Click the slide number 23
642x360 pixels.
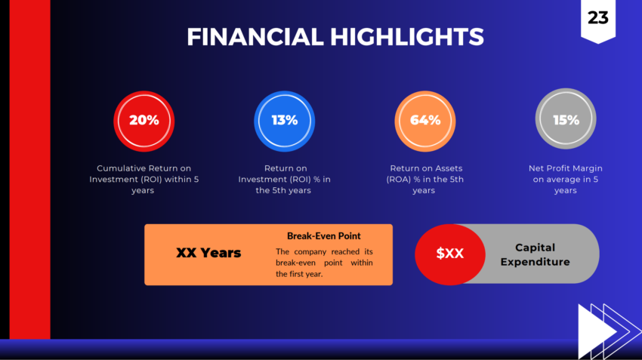click(x=597, y=17)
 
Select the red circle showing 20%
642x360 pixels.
click(x=144, y=120)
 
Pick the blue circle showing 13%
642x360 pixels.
click(x=285, y=120)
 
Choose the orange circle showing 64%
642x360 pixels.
click(x=425, y=120)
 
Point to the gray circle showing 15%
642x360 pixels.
click(x=566, y=119)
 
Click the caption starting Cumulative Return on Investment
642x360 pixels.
click(x=144, y=179)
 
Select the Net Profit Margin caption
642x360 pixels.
click(x=566, y=179)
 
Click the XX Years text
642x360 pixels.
click(x=208, y=253)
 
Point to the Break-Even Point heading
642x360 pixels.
click(x=323, y=236)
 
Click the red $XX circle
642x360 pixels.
click(x=450, y=254)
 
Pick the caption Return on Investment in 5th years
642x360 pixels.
click(x=285, y=179)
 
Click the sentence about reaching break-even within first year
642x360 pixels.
click(x=323, y=263)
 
